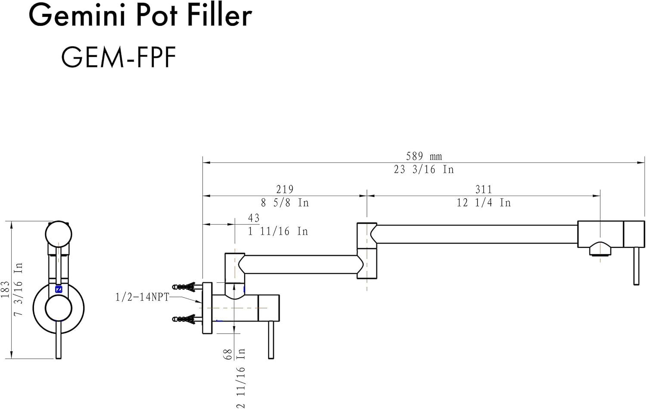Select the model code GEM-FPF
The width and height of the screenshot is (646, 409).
[x=119, y=57]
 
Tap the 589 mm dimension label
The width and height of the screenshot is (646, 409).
[x=424, y=156]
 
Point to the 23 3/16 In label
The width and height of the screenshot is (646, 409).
[x=424, y=169]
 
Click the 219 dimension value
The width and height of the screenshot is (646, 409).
[x=285, y=189]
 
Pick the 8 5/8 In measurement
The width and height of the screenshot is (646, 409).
[x=285, y=203]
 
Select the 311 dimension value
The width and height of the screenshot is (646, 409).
[x=484, y=189]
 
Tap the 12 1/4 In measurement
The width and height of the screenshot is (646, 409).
[x=484, y=203]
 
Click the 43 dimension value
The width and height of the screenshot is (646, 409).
[x=254, y=218]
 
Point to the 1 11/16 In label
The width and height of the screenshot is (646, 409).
[x=278, y=231]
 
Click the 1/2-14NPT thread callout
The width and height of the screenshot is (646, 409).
[x=142, y=297]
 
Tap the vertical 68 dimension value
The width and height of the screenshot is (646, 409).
[x=228, y=354]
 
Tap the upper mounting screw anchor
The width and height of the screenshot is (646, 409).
[x=185, y=286]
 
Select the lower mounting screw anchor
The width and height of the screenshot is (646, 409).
[x=185, y=319]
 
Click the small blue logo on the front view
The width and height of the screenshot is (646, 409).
[x=59, y=289]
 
